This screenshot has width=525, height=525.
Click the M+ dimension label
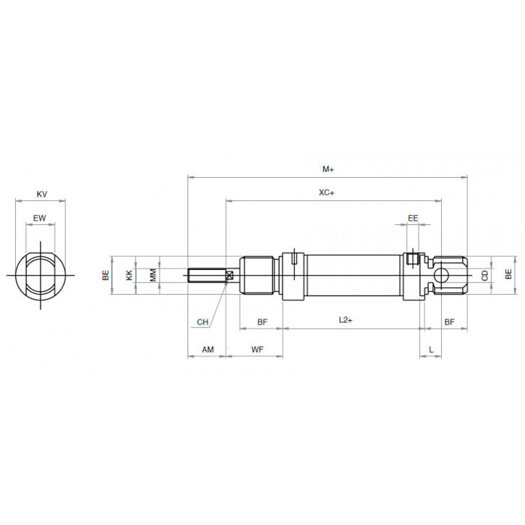(x=328, y=169)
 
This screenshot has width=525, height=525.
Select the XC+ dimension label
(x=326, y=193)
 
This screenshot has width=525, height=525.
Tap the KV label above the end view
(x=42, y=193)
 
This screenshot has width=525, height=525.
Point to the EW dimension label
(x=40, y=218)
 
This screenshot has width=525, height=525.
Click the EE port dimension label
(x=412, y=218)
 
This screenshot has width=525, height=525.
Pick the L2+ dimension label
(x=346, y=319)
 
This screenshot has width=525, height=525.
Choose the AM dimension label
(x=208, y=349)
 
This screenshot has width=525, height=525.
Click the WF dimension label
(x=257, y=349)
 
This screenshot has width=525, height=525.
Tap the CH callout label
(x=202, y=322)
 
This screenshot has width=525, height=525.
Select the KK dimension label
(x=129, y=275)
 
